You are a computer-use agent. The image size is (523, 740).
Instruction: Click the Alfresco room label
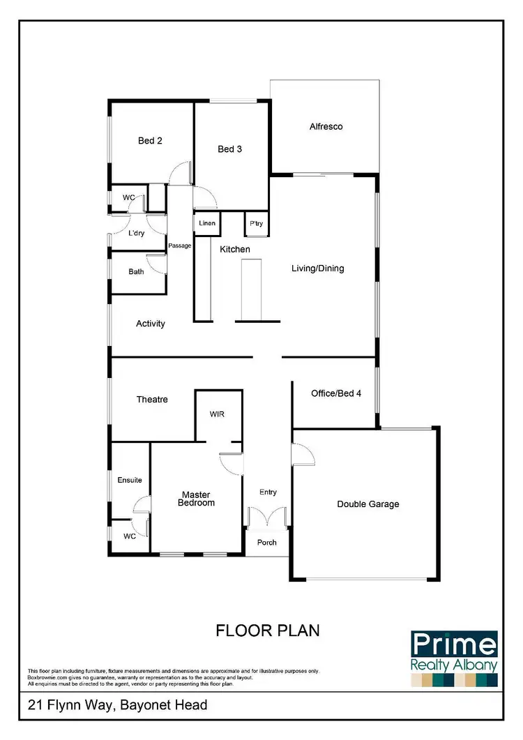326,127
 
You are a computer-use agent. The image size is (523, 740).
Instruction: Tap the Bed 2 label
150,141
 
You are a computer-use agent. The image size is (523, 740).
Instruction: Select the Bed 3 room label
229,149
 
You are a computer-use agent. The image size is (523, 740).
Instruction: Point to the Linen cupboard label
206,224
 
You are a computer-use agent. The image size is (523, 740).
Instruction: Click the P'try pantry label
256,224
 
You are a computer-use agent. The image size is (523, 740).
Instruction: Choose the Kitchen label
235,249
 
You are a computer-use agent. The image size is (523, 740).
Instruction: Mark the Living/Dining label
317,269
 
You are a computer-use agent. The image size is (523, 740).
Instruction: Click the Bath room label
136,272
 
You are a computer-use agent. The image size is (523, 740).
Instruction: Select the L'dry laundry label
136,233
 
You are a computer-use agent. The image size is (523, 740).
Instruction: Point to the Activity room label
151,324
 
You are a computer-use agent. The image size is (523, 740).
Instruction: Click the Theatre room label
152,400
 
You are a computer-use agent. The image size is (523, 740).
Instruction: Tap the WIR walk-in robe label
217,414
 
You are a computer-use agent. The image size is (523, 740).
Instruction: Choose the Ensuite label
130,480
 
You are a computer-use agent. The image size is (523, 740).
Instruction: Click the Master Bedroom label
195,499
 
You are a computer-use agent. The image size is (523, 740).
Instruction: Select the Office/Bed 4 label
336,393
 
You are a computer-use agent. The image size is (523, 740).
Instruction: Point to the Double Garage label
368,504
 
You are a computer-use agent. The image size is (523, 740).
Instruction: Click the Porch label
267,543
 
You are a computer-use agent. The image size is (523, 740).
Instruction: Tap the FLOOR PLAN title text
268,630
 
